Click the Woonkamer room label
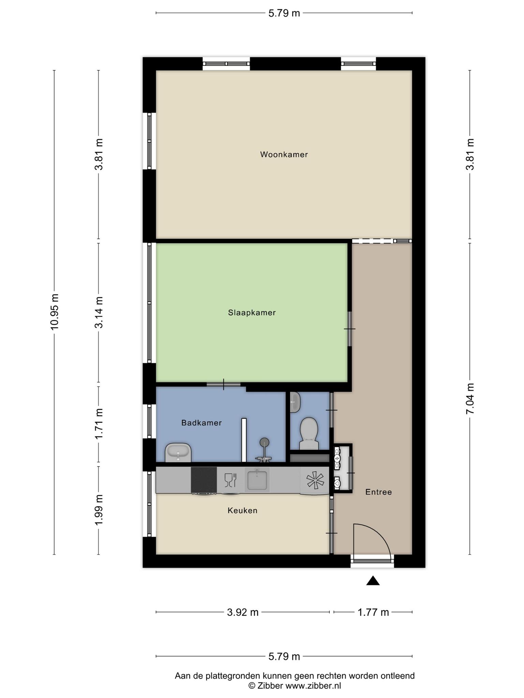[x=284, y=154]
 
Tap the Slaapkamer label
[x=252, y=313]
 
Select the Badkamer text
[x=201, y=423]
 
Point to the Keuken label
[x=242, y=510]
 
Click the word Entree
[x=378, y=492]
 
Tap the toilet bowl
[x=309, y=433]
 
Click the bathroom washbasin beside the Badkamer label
[x=178, y=452]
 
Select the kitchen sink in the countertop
[x=257, y=480]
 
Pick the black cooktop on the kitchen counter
[x=204, y=480]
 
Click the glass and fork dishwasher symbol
[x=230, y=480]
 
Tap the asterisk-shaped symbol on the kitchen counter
[x=315, y=480]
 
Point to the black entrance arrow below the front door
[x=373, y=580]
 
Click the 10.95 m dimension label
[x=55, y=312]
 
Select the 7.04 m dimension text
[x=470, y=398]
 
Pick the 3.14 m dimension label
[x=99, y=312]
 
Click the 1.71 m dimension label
[x=99, y=424]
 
